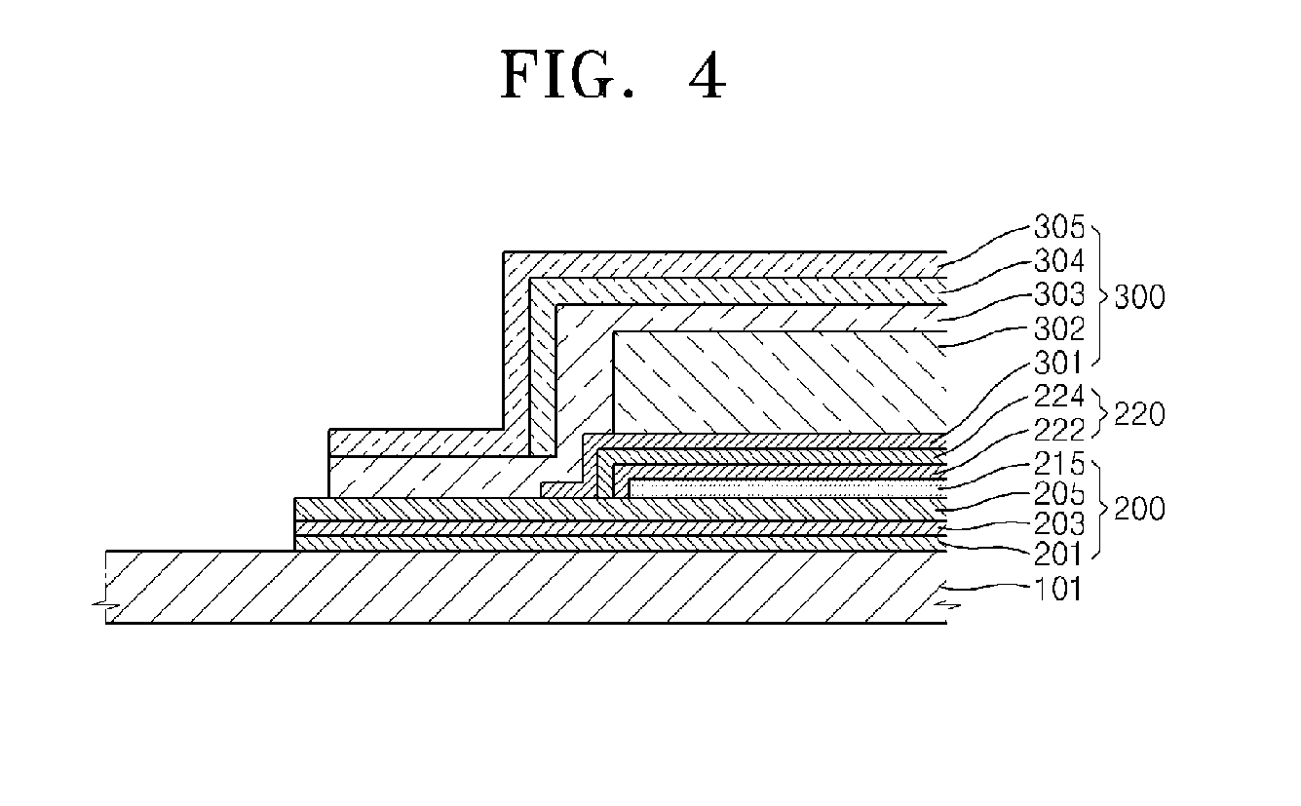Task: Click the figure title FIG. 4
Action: pyautogui.click(x=613, y=76)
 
